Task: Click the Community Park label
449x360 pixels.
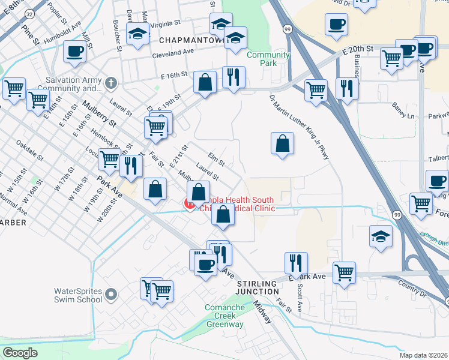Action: pyautogui.click(x=268, y=58)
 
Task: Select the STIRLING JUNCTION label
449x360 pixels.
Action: pyautogui.click(x=259, y=287)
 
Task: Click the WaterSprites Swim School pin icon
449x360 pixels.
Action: pyautogui.click(x=110, y=294)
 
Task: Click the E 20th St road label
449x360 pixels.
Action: pyautogui.click(x=359, y=48)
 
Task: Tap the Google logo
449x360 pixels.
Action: pyautogui.click(x=20, y=353)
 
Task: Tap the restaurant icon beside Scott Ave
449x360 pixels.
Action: pyautogui.click(x=296, y=263)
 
